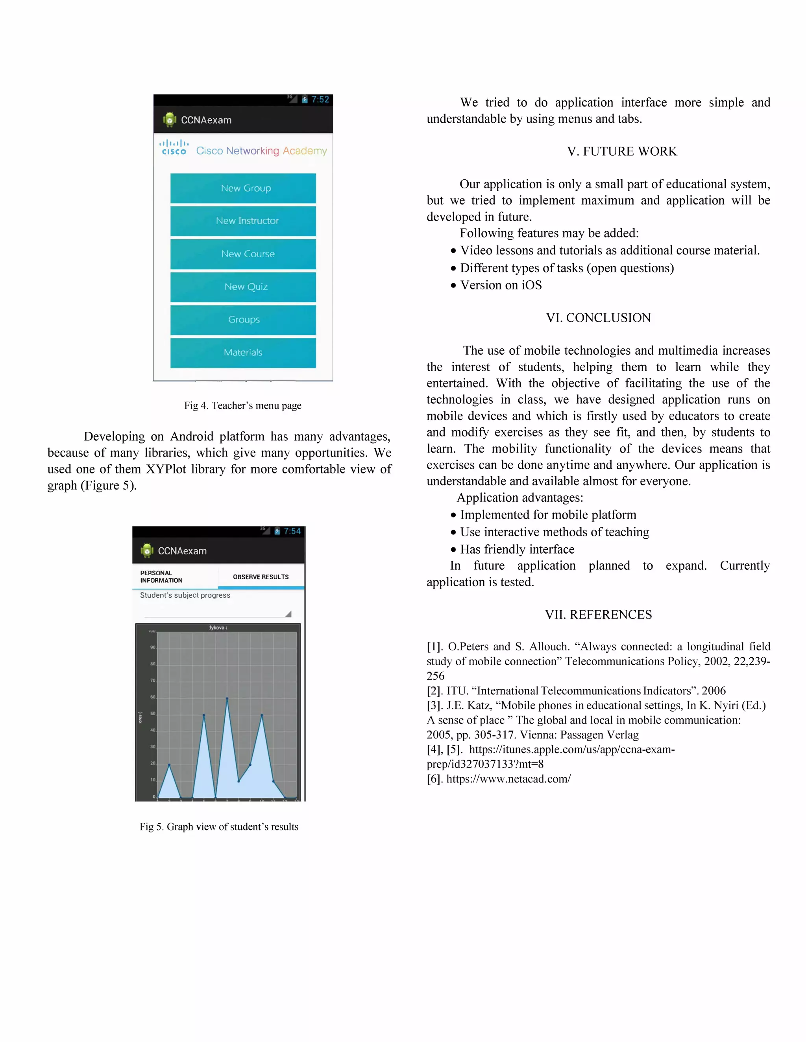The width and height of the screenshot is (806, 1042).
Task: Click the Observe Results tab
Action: tap(261, 577)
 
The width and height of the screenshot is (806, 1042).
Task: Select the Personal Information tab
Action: tap(161, 576)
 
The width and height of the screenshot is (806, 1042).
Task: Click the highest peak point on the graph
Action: tap(227, 698)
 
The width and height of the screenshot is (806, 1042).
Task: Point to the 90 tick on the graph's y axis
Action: tap(153, 648)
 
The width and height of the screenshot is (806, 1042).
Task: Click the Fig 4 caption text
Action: tap(242, 405)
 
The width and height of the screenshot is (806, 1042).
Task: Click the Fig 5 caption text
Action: tap(219, 827)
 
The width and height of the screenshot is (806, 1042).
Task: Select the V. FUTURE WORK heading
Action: tap(622, 151)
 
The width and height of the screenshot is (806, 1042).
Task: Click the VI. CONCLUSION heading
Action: tap(598, 318)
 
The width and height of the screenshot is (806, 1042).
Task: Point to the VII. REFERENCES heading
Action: tap(598, 615)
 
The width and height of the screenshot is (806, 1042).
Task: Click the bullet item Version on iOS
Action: tap(501, 285)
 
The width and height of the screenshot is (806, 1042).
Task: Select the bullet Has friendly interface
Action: tap(517, 549)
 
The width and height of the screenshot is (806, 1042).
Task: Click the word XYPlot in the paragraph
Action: tap(166, 469)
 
